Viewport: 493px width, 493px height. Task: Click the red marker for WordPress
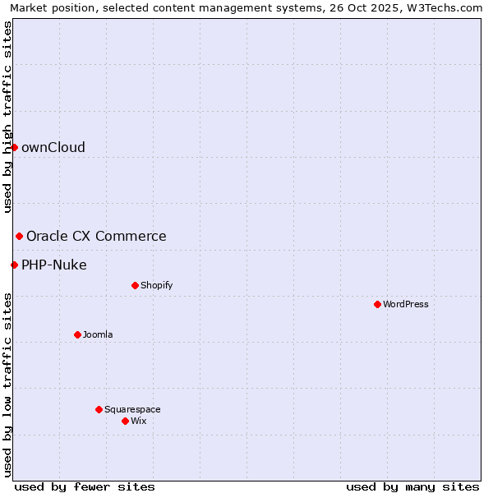377,304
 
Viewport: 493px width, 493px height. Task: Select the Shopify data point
135,285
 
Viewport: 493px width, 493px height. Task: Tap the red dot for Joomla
77,334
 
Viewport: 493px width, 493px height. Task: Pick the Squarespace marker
99,409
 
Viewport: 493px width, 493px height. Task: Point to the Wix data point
125,421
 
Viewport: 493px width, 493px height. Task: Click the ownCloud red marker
14,147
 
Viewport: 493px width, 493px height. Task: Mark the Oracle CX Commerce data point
19,236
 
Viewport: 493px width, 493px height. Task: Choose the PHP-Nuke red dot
14,265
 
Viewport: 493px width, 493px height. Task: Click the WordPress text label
406,304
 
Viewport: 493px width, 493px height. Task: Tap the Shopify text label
157,285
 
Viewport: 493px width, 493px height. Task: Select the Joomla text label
98,334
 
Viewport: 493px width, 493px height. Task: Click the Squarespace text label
132,409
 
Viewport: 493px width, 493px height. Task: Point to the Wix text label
139,421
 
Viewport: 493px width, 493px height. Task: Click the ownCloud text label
53,147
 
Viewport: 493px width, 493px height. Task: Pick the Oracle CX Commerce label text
96,236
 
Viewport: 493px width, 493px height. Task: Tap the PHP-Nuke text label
54,265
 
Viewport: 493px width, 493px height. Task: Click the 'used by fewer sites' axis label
85,486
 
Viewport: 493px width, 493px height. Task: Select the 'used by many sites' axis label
412,486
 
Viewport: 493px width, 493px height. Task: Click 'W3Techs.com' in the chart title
449,7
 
